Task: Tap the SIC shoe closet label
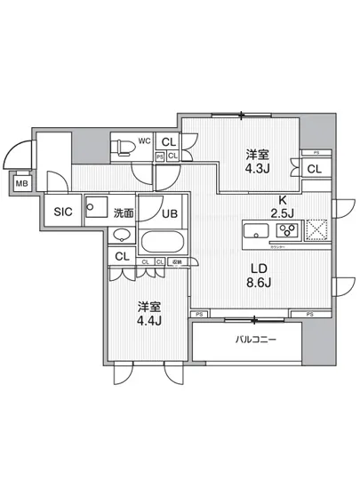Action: pos(62,212)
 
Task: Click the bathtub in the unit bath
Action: pos(164,241)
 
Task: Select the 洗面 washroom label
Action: pos(123,212)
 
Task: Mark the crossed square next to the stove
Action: pos(316,232)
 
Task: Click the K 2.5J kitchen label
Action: pos(283,205)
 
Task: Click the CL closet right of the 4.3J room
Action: pos(314,169)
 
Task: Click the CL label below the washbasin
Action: pos(124,257)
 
